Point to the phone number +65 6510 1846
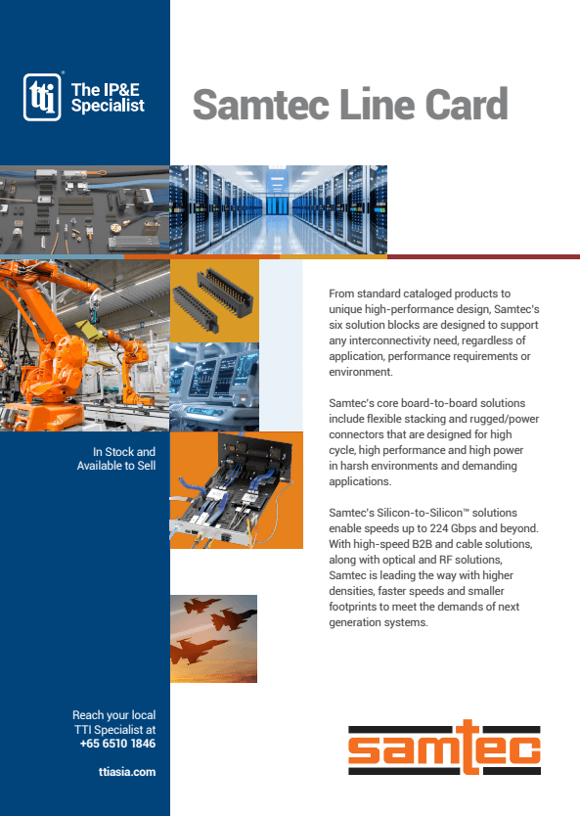117,744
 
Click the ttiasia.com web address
127,772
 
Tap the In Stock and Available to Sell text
116,459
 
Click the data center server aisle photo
278,208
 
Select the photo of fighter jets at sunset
213,638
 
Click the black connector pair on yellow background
213,298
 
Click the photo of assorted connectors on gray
84,208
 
